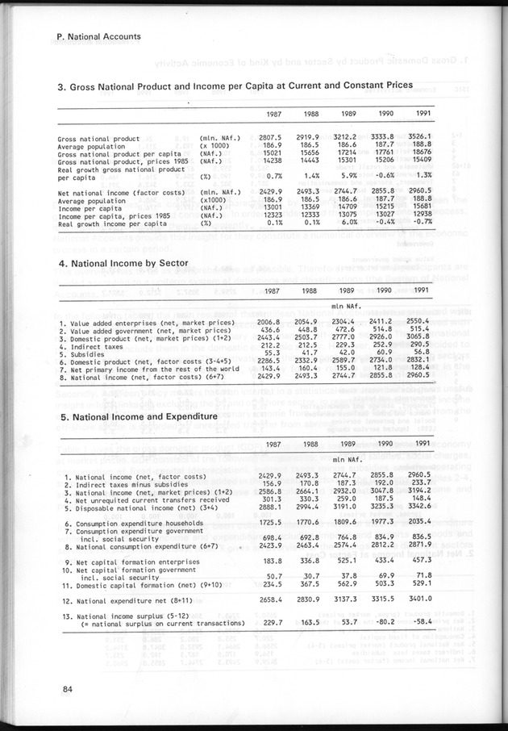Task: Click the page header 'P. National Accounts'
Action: coord(99,36)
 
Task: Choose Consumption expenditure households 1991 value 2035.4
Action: coord(418,524)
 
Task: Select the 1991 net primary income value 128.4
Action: coord(418,369)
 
